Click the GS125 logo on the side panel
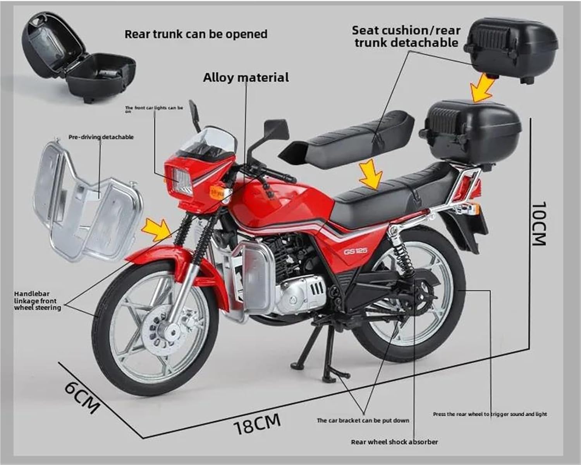(x=356, y=251)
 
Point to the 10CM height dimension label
(x=539, y=224)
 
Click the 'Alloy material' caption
(x=246, y=77)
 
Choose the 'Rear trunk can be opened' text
(x=196, y=34)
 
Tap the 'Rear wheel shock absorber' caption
(x=394, y=442)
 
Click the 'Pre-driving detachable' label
(x=101, y=137)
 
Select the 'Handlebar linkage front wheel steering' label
(x=38, y=301)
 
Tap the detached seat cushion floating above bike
(x=347, y=141)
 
